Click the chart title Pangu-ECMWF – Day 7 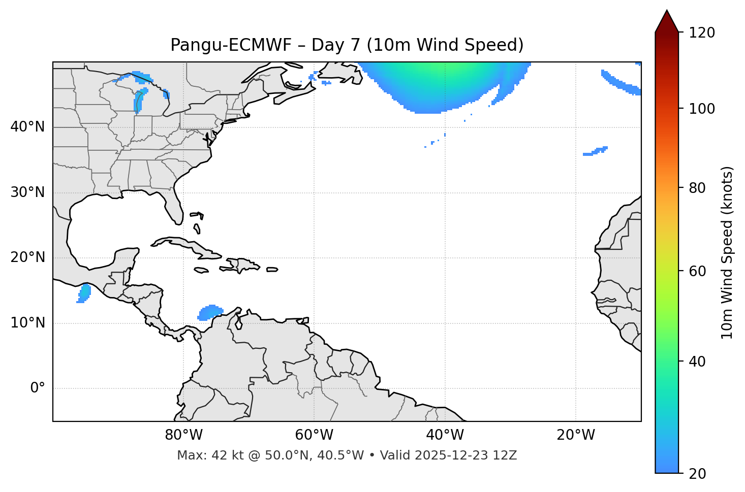point(347,45)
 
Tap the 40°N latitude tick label point(27,127)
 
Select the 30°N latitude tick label point(27,192)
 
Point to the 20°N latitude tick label point(27,257)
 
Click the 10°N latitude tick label point(27,323)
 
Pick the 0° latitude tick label point(38,388)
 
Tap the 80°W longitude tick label point(183,435)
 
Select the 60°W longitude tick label point(314,435)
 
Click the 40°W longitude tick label point(445,435)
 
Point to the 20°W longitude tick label point(576,435)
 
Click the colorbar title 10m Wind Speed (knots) point(727,252)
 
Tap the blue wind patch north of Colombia point(210,312)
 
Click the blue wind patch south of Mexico point(84,293)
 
